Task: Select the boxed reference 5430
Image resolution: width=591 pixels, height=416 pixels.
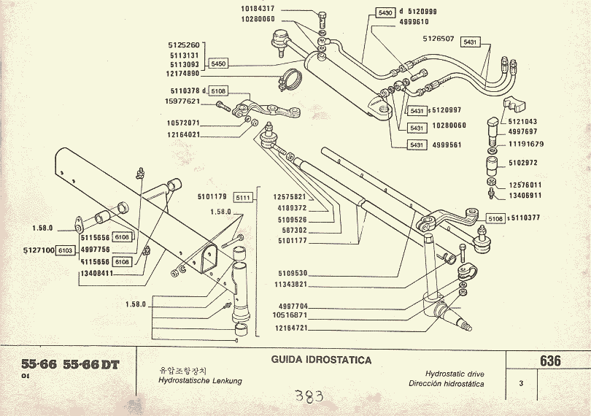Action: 385,13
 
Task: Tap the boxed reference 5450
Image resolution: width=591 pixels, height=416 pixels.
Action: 218,64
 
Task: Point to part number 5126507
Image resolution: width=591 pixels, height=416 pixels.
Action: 439,39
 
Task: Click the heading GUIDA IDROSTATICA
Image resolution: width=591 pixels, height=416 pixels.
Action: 322,361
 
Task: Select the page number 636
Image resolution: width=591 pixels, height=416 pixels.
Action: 550,361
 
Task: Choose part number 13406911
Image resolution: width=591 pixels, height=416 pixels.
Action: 525,196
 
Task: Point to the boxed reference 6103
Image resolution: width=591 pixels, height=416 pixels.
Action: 66,250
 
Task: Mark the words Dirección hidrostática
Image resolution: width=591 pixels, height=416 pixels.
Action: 447,383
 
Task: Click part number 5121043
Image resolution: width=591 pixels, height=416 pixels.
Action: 522,122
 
